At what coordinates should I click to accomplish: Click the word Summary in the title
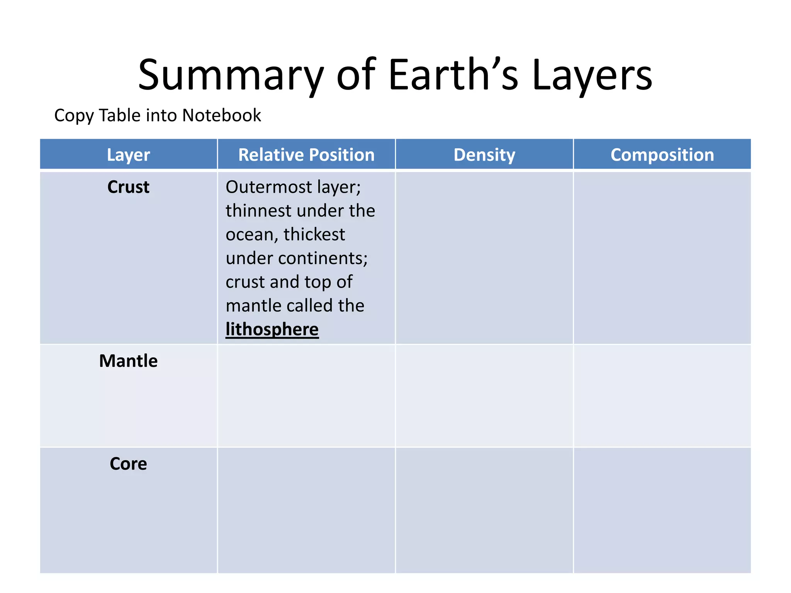[231, 75]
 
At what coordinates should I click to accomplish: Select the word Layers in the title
[592, 75]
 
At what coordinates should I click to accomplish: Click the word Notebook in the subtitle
[222, 115]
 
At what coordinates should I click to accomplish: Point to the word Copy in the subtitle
[74, 116]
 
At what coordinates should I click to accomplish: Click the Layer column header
[128, 155]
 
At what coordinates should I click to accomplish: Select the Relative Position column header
[306, 155]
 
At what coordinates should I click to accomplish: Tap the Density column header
[484, 155]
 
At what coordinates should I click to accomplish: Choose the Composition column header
[662, 155]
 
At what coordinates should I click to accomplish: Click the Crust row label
[128, 187]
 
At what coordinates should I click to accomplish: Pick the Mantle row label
[128, 361]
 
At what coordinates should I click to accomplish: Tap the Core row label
[128, 464]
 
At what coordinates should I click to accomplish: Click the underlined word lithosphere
[272, 329]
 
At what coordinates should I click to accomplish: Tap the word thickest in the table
[314, 234]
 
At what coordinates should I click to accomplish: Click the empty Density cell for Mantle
[484, 396]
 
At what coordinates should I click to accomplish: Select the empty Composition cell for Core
[662, 510]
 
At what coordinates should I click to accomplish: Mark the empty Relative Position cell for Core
[306, 510]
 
